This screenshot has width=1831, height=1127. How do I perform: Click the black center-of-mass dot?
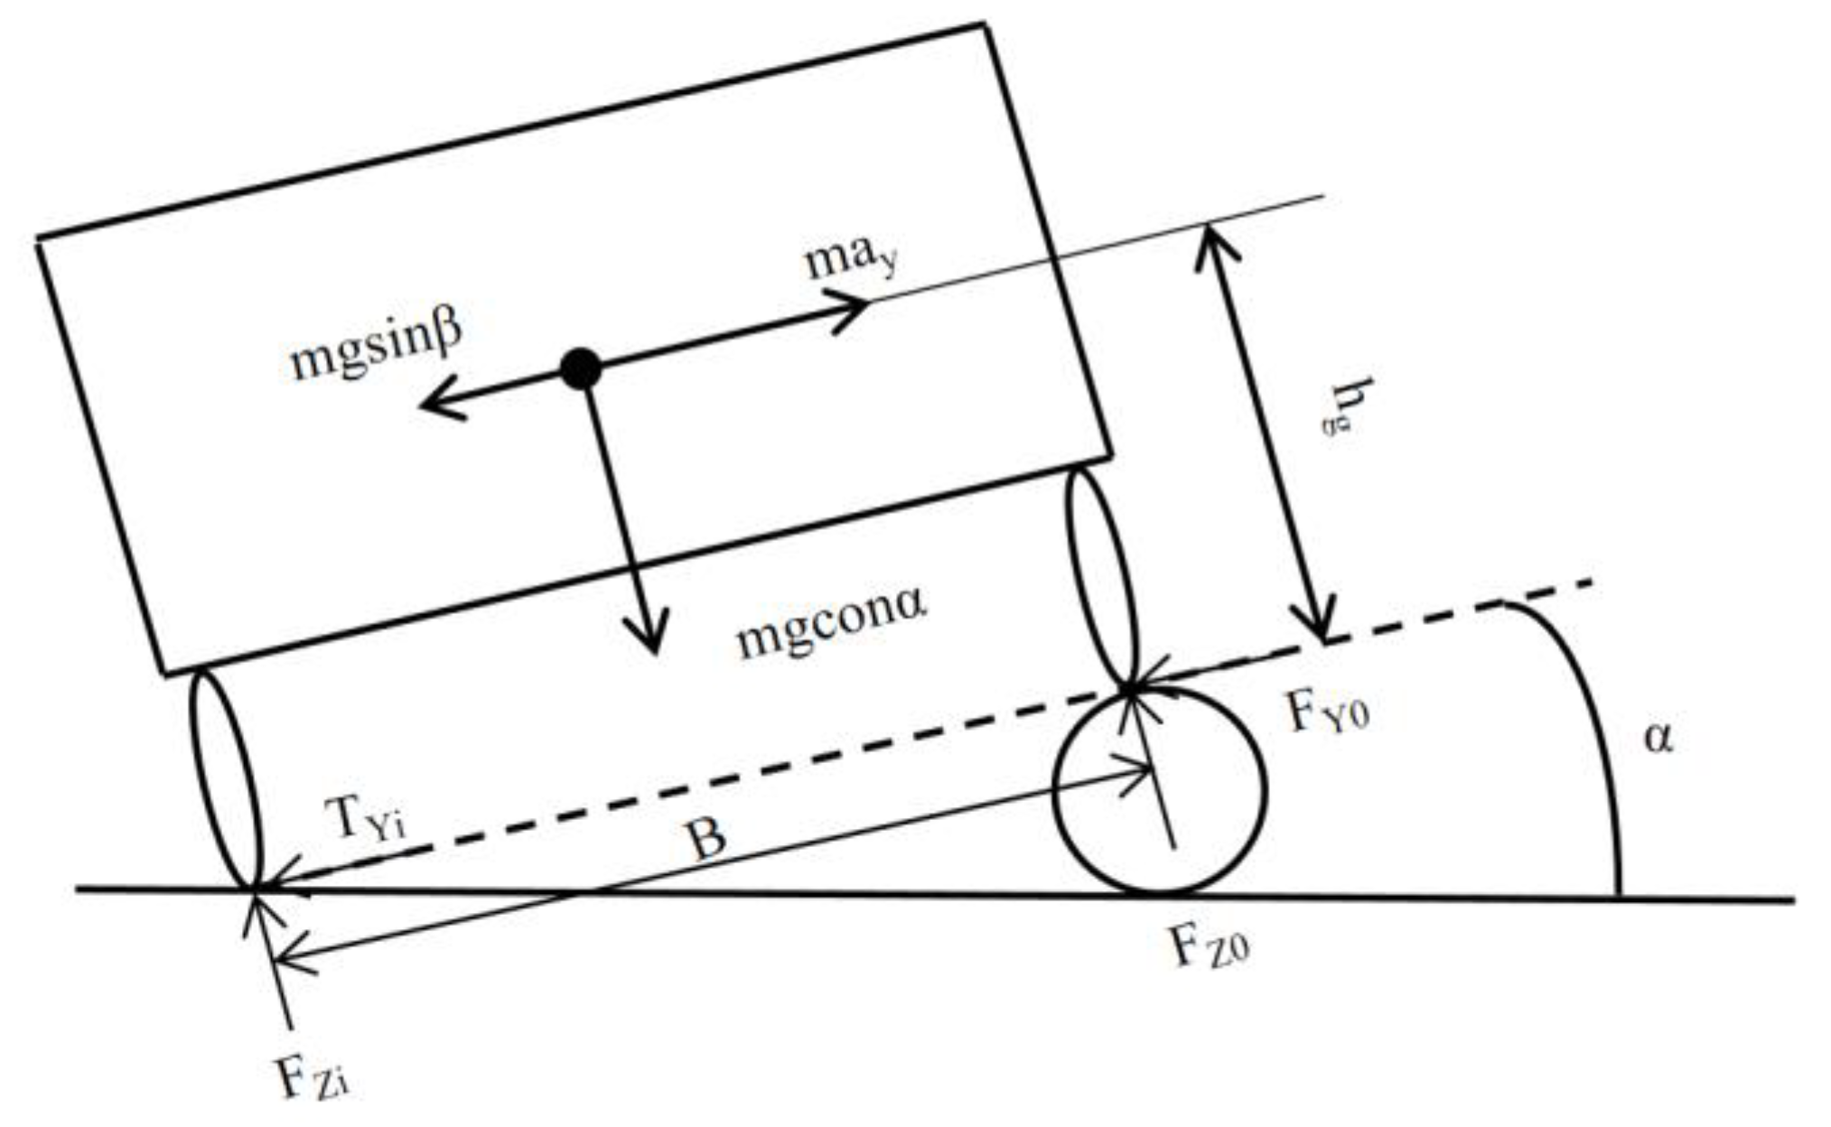click(x=580, y=369)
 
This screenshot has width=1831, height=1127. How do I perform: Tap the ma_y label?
click(x=850, y=259)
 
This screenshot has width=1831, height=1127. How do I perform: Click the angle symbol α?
click(x=1658, y=739)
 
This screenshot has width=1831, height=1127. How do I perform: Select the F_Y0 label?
click(x=1328, y=713)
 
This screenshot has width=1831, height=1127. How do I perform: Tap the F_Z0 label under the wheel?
click(x=1210, y=948)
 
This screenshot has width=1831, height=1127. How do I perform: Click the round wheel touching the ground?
click(x=1161, y=791)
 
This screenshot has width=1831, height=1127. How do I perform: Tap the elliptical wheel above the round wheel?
click(x=1099, y=577)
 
